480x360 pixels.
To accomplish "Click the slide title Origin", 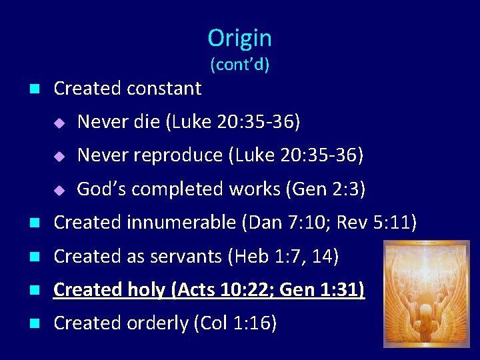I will (239, 38).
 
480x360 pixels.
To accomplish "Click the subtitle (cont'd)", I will (239, 65).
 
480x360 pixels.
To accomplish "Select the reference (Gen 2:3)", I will (325, 189).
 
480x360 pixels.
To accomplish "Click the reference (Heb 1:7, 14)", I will (283, 256).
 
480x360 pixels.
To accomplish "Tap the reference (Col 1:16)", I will (235, 323).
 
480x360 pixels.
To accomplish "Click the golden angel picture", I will (426, 293).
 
